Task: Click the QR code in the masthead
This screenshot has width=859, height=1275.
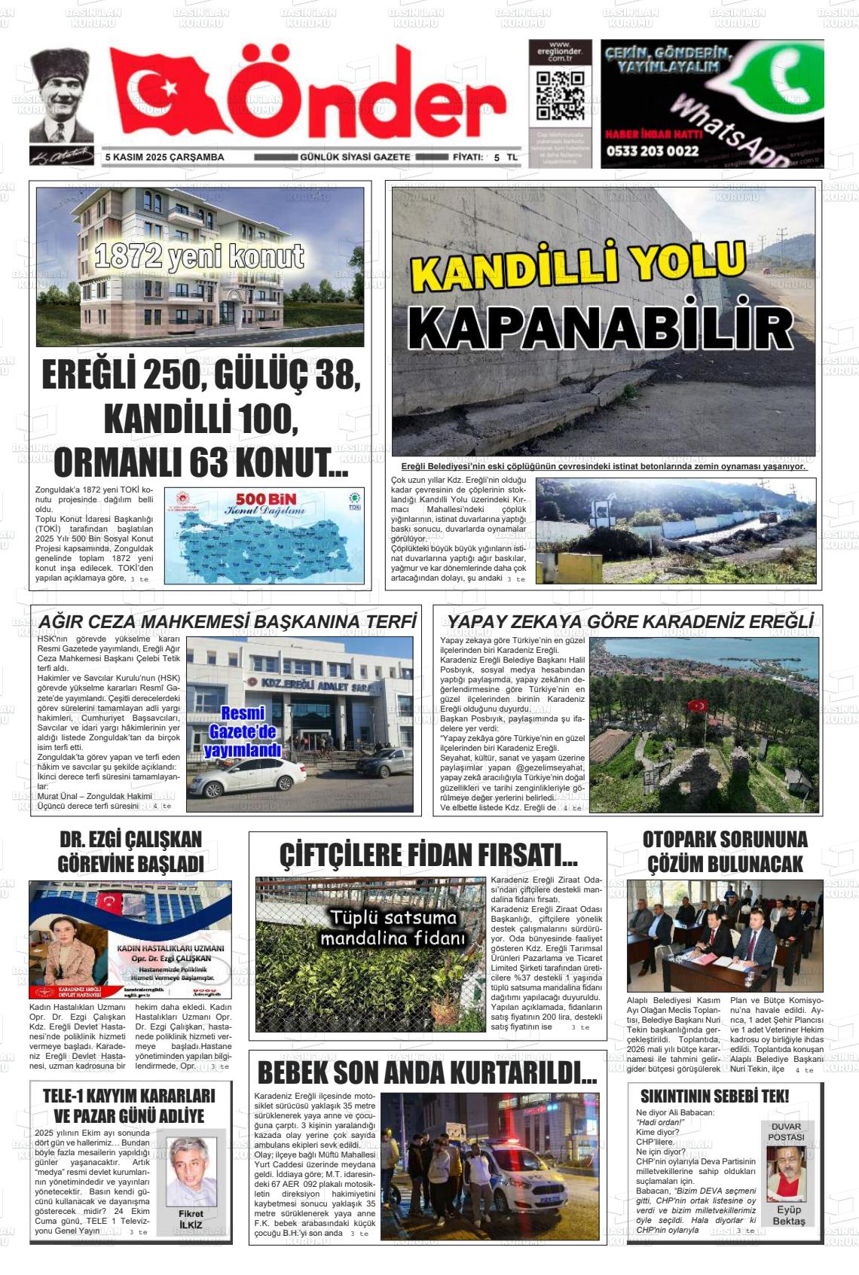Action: [560, 96]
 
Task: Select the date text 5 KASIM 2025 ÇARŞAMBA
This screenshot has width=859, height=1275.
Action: [165, 157]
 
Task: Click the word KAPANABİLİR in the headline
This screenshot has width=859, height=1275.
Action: [601, 328]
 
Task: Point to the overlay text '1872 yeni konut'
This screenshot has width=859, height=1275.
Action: [200, 257]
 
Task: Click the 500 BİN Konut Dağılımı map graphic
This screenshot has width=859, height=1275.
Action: [264, 535]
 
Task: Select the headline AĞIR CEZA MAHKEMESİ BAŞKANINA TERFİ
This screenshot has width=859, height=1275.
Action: [227, 621]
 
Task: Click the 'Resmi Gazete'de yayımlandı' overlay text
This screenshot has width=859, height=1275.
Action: [242, 731]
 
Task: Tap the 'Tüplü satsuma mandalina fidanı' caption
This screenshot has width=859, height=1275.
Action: [393, 928]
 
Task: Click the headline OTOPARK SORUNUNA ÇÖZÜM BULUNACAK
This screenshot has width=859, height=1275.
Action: [725, 852]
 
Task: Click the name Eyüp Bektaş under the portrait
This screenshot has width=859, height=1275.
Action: [788, 1215]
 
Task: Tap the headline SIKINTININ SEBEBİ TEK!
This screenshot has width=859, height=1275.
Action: [714, 1096]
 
